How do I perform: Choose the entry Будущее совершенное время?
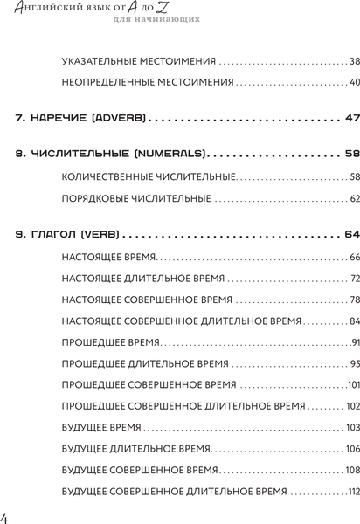pyautogui.click(x=144, y=470)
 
